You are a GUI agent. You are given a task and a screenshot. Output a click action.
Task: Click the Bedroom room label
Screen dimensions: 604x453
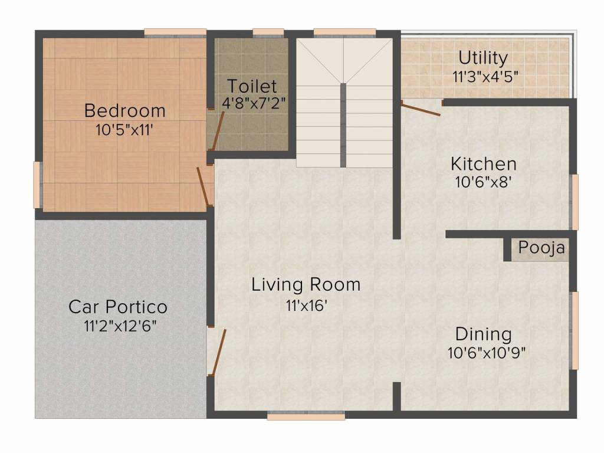125,110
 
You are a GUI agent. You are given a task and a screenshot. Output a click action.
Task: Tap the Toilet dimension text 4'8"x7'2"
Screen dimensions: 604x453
254,103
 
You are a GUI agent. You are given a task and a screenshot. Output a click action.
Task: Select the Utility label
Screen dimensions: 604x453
483,58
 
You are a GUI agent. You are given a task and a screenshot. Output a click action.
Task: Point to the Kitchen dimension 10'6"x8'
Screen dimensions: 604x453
483,182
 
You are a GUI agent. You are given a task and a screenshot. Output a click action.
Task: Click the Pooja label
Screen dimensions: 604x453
541,248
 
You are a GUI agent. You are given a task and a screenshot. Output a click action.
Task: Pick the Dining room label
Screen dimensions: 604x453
484,334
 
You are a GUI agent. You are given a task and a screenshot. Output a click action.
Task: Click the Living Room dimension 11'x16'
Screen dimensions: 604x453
306,306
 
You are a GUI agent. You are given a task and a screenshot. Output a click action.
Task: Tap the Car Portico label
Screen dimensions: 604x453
118,307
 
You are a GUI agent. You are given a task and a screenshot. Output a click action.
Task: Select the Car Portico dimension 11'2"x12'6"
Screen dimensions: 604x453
120,326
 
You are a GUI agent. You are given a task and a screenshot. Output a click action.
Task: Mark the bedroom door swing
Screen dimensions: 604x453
203,186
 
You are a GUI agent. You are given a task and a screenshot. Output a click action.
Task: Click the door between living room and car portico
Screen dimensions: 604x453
218,352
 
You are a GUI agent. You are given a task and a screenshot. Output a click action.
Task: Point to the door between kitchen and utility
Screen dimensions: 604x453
421,109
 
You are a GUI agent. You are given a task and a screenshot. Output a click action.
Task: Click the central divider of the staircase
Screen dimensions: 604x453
343,125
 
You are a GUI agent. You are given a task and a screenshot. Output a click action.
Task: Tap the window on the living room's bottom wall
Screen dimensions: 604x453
306,416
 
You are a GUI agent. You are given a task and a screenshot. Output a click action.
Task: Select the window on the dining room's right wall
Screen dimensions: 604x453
575,331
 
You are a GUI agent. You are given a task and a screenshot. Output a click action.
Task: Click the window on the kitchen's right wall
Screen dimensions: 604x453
575,202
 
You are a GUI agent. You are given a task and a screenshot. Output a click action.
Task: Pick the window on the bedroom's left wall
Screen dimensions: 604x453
38,185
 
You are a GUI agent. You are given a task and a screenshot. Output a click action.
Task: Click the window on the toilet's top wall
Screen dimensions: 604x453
268,33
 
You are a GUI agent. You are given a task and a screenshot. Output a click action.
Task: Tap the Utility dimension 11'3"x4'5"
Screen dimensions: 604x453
485,77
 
